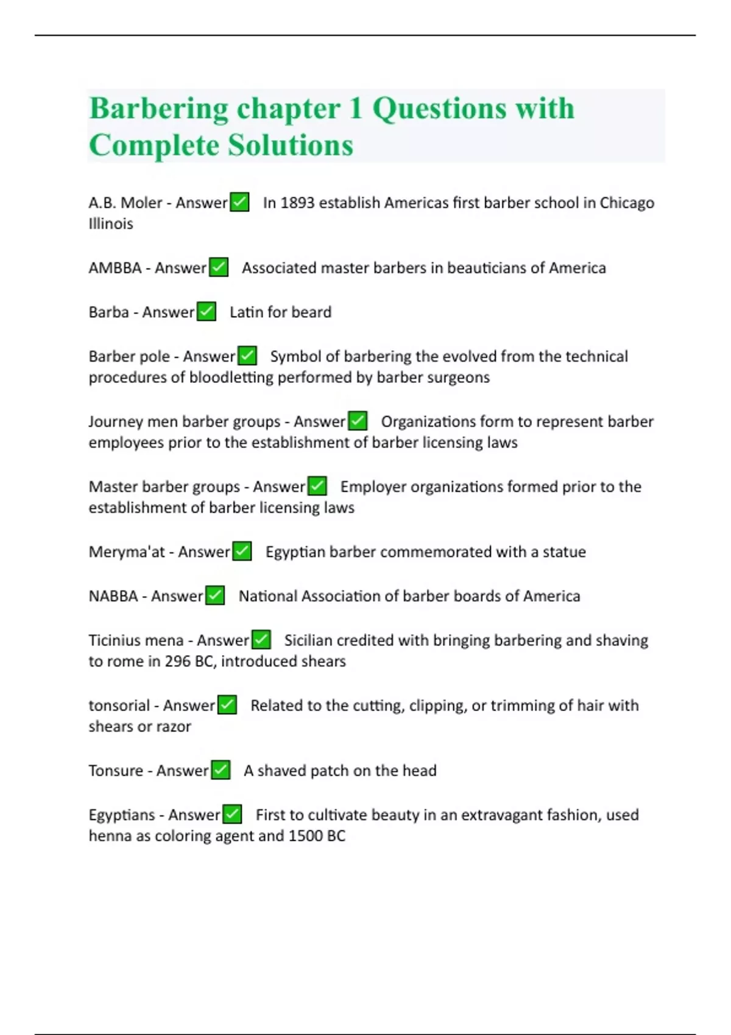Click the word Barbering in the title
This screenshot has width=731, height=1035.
pos(158,109)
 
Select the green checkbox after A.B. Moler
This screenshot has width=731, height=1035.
pos(239,202)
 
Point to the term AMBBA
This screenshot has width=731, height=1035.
pos(115,268)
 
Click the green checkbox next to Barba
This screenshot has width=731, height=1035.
pos(207,312)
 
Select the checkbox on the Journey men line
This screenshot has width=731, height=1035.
pos(358,421)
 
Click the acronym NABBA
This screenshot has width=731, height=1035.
pos(113,596)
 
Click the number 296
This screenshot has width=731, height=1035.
pos(178,661)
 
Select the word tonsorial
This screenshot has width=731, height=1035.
pos(119,706)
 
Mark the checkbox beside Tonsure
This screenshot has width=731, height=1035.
pos(221,770)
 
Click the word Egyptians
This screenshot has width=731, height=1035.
pos(122,815)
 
